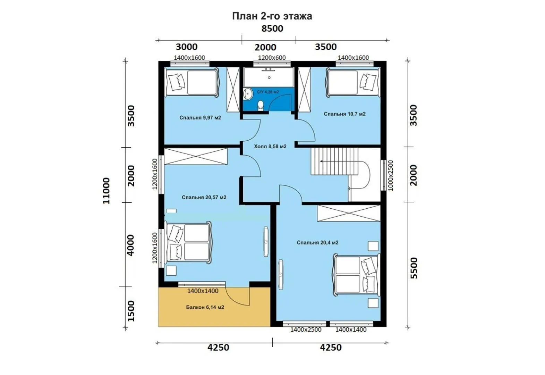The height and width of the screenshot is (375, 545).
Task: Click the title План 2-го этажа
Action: (272, 16)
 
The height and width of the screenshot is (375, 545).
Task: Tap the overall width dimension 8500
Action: (272, 28)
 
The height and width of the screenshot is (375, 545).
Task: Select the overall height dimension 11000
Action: (106, 191)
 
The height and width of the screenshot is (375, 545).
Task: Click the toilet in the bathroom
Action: (261, 106)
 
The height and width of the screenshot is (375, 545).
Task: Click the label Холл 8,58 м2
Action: (270, 146)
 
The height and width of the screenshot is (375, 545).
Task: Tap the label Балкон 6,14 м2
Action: (205, 307)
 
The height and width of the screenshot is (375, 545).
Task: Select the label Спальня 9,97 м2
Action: (200, 118)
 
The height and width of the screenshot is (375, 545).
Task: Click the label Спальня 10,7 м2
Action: (344, 114)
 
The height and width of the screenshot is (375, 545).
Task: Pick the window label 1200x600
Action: (272, 58)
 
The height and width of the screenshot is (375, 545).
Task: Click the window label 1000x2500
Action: (391, 175)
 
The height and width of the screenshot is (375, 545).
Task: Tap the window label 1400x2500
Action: (306, 330)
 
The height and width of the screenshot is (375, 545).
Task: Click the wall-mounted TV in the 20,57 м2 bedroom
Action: (266, 242)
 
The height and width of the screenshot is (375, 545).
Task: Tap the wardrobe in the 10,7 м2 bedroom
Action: (304, 90)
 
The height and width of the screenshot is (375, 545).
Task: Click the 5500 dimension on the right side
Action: (414, 268)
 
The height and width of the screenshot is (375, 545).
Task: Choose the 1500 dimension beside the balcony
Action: (131, 311)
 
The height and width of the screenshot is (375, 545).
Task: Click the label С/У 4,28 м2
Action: (268, 92)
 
